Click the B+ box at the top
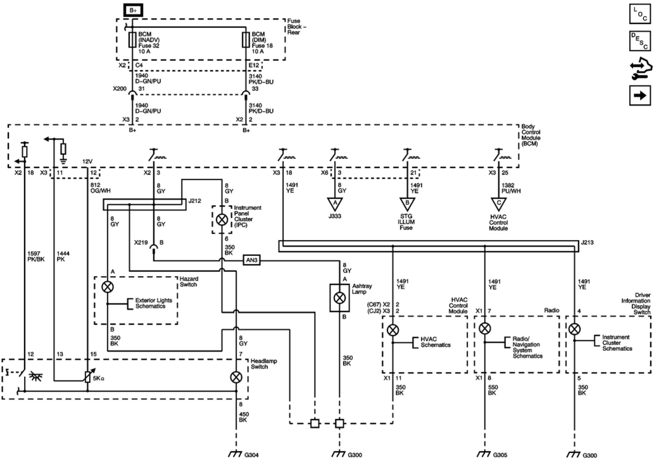point(133,10)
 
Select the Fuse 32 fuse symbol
point(133,40)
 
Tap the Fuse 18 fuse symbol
point(246,40)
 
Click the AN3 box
point(252,260)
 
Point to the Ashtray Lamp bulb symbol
point(339,298)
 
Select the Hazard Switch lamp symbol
point(108,287)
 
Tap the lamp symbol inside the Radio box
point(484,329)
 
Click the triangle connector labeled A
point(335,204)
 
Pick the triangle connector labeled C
point(499,204)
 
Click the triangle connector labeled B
point(407,204)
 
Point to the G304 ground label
point(251,455)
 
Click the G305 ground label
point(500,455)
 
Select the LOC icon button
point(640,14)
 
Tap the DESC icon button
point(640,41)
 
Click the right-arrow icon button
point(640,95)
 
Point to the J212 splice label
point(194,201)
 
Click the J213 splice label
point(587,243)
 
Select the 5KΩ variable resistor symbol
point(88,377)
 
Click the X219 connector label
point(141,243)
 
